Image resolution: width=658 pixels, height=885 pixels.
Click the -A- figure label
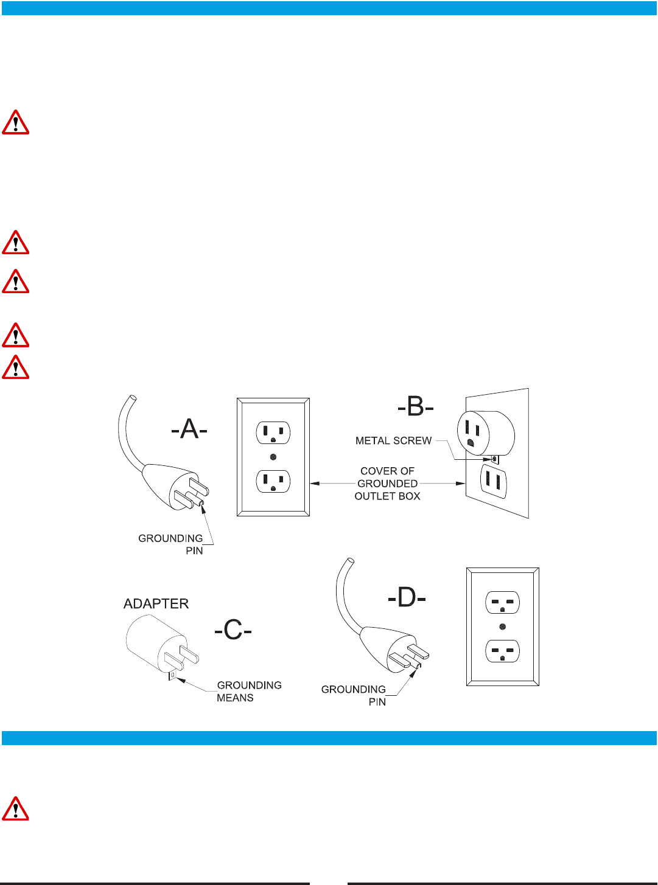click(x=189, y=429)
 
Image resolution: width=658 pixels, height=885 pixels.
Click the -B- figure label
click(x=415, y=406)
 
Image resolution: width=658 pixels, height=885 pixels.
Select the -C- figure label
click(x=233, y=630)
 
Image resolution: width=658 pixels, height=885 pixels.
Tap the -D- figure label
click(x=407, y=597)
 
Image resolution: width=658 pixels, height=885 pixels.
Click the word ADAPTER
click(x=156, y=603)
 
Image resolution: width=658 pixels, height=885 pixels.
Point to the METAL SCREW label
click(x=393, y=440)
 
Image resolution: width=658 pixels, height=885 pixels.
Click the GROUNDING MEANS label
click(x=249, y=692)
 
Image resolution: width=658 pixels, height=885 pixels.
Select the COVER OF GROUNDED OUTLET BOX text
click(x=387, y=484)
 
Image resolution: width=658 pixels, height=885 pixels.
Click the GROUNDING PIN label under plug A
click(x=171, y=544)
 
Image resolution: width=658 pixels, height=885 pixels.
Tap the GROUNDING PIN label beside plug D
click(x=354, y=695)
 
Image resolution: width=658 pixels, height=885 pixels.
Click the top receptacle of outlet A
click(x=273, y=432)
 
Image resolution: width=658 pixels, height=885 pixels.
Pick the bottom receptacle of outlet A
click(x=273, y=481)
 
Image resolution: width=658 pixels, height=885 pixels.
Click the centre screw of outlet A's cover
click(x=273, y=457)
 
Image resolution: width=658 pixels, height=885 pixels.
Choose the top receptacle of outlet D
click(x=502, y=603)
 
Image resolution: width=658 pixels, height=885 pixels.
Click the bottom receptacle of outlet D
click(x=502, y=651)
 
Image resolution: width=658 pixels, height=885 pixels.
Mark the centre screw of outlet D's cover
click(x=502, y=626)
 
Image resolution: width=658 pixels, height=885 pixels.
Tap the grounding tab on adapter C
click(x=173, y=675)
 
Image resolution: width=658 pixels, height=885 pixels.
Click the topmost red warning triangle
click(x=16, y=122)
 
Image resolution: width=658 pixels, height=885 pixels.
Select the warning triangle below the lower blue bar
click(x=16, y=809)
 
